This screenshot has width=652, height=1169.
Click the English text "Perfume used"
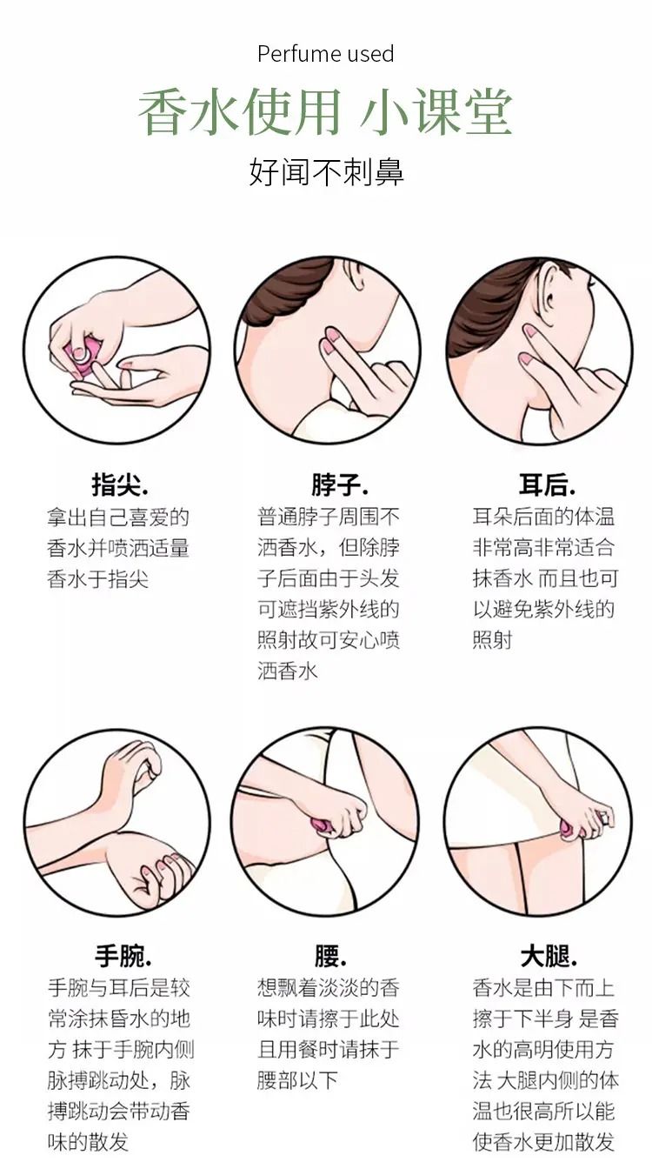click(325, 54)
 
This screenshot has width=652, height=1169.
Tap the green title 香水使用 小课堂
click(325, 113)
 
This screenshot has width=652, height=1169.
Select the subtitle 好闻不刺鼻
click(327, 171)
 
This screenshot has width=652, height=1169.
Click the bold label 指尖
click(120, 484)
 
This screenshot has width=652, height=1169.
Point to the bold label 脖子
click(340, 484)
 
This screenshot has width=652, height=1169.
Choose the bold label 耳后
click(547, 484)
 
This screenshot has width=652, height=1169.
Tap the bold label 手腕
click(123, 955)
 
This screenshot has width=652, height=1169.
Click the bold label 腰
click(330, 955)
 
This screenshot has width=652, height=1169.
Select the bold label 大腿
click(549, 955)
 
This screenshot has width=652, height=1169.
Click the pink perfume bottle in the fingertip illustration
click(83, 357)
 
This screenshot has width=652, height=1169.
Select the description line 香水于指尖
click(98, 579)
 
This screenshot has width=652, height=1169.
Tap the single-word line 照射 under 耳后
click(493, 640)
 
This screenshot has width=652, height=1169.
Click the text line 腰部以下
click(298, 1080)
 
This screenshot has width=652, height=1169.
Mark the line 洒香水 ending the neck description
click(288, 671)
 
